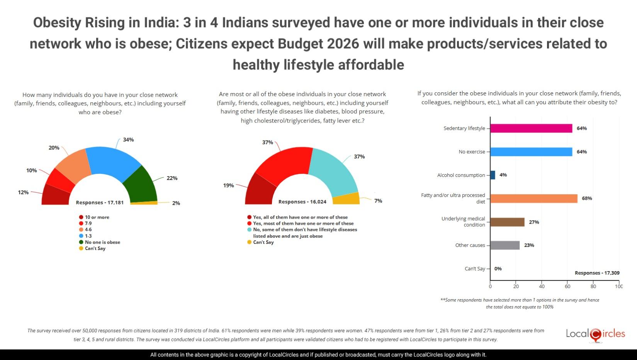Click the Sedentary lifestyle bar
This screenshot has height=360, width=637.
click(x=531, y=128)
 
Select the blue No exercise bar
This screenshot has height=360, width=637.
click(x=531, y=152)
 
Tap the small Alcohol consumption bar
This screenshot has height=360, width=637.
click(x=493, y=175)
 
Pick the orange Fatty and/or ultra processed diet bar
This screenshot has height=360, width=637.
click(x=534, y=199)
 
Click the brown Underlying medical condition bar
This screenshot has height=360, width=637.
click(x=508, y=222)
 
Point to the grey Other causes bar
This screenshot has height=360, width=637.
click(x=505, y=245)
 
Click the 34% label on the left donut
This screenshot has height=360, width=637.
click(x=128, y=140)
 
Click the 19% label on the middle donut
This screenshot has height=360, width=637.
click(x=228, y=185)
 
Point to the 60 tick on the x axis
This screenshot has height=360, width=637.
click(x=567, y=286)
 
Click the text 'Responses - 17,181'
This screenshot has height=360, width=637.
click(x=100, y=202)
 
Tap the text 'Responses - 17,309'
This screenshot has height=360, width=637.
click(x=597, y=273)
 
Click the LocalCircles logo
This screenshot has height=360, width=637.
click(x=595, y=334)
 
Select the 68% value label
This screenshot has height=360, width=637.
click(x=587, y=199)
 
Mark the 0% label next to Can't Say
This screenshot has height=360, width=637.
click(x=498, y=268)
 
